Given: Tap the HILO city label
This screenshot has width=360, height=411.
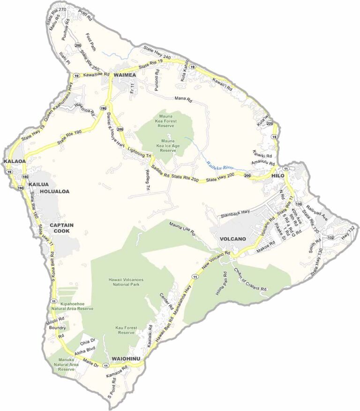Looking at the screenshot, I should pos(277,175).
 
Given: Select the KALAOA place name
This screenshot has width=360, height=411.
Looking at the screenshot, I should pos(14,162).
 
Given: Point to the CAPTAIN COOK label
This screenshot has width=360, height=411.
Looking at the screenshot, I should pos(62,228).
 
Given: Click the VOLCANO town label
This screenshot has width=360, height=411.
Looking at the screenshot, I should pos(233,239).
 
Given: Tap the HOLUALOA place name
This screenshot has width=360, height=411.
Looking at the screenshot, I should pos(54,192).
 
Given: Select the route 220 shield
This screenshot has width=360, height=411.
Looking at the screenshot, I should pos(270,123).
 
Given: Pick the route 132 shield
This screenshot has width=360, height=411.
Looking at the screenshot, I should pos(331,238).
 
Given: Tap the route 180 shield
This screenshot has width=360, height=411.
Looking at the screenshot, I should pos(24,176).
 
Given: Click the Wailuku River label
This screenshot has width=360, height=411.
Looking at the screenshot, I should pos(220,164).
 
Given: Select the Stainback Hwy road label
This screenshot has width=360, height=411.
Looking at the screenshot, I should pos(236,213).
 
